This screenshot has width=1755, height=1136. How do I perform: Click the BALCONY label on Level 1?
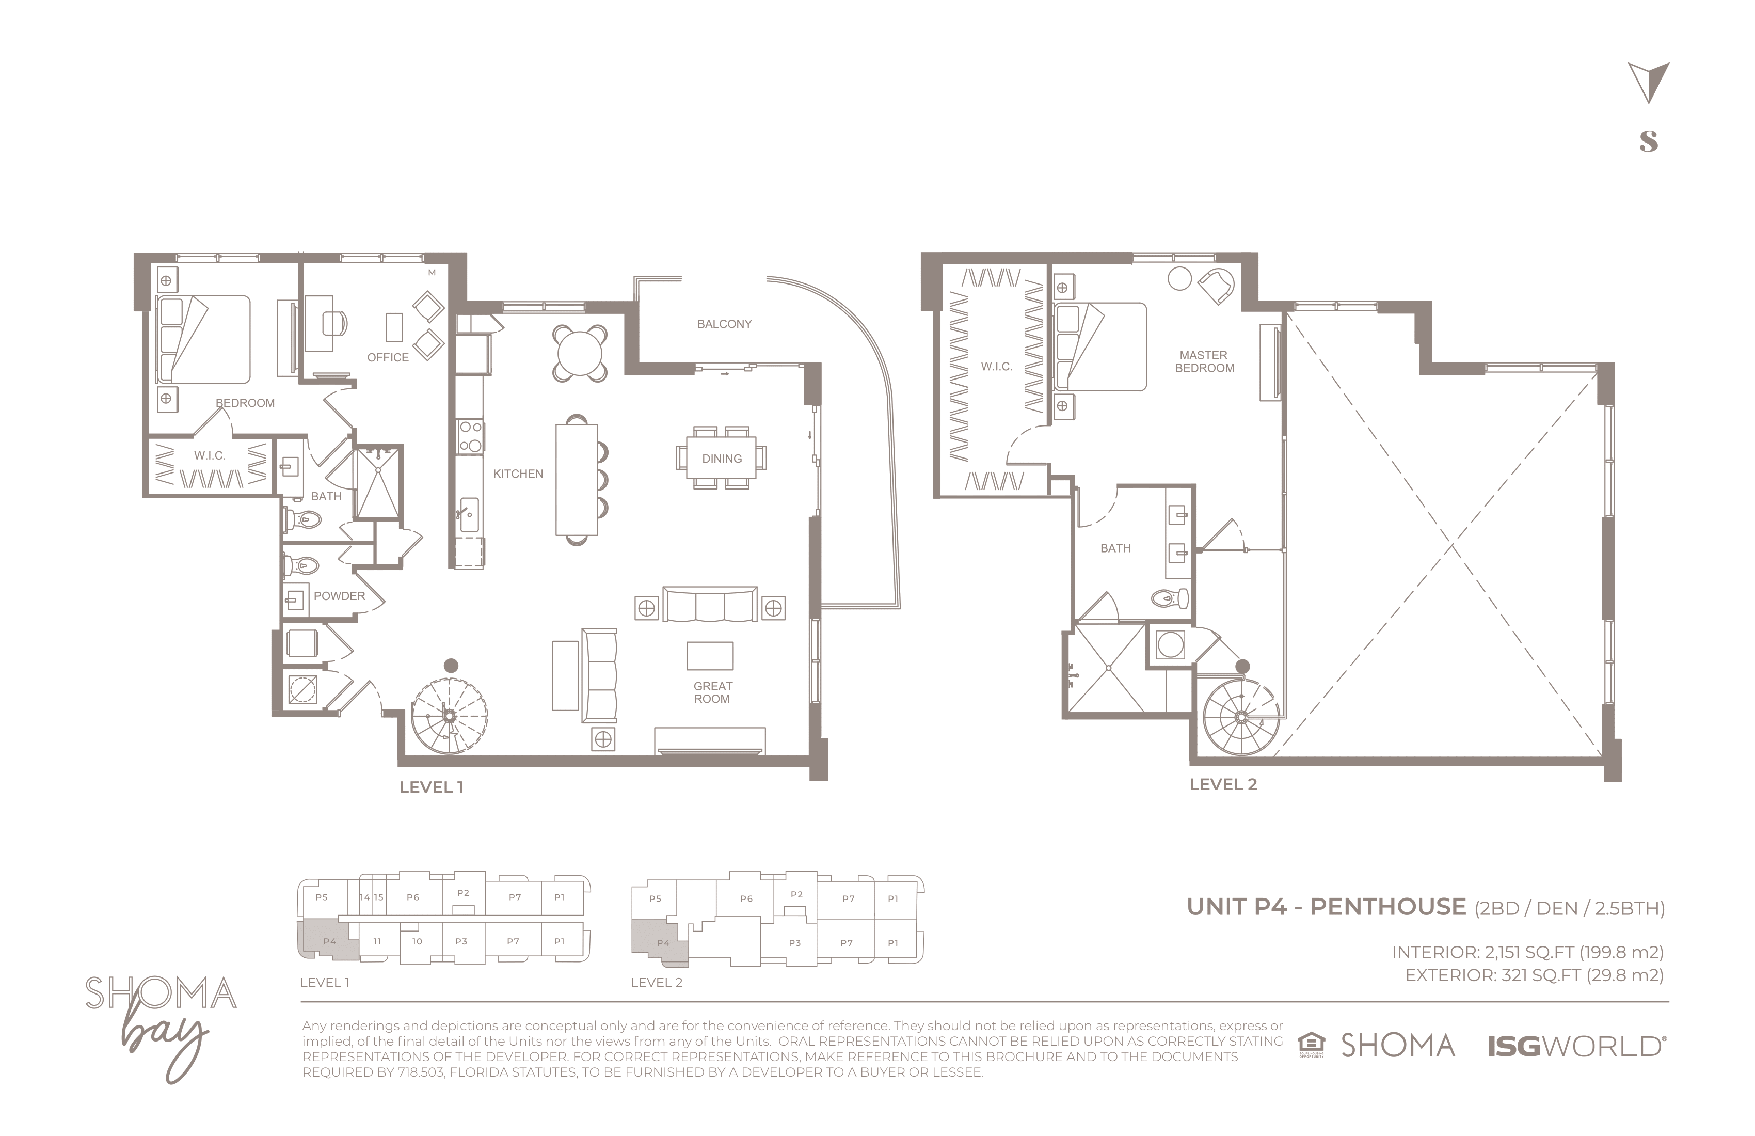724,324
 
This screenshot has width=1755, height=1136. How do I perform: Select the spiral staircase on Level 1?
449,716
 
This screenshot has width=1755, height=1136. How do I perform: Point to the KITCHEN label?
518,474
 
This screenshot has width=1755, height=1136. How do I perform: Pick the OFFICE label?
388,357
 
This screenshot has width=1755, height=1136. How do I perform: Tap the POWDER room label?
339,596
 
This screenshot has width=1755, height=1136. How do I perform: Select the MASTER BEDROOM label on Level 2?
1204,361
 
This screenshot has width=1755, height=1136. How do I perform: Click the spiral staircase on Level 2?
1242,716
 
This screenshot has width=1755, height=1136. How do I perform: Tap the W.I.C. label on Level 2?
996,367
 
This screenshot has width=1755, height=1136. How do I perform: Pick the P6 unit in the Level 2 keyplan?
746,898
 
